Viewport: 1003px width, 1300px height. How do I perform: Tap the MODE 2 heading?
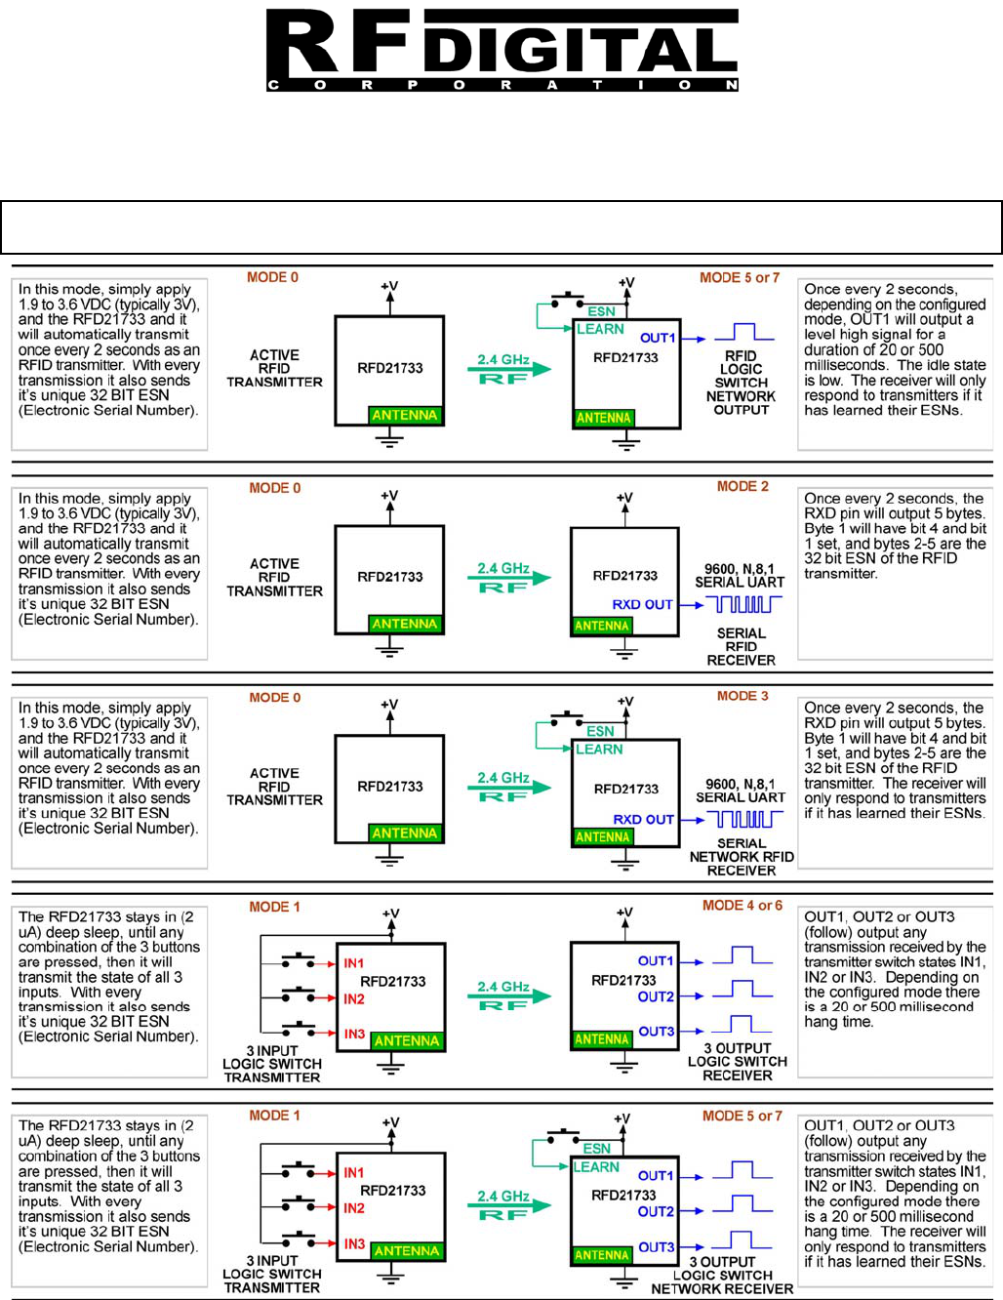[742, 486]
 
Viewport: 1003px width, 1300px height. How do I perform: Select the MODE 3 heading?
[742, 696]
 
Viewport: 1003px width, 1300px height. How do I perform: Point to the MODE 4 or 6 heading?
[742, 906]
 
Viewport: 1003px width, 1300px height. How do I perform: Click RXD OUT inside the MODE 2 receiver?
[642, 604]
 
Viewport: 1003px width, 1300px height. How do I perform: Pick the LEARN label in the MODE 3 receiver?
[599, 750]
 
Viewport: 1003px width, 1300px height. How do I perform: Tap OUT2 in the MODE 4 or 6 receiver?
[656, 996]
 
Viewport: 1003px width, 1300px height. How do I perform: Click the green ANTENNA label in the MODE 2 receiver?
[601, 626]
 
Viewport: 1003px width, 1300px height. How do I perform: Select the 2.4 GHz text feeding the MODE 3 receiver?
[503, 778]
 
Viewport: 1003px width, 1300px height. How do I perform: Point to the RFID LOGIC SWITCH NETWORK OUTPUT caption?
[741, 384]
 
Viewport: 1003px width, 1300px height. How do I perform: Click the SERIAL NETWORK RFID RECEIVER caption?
[742, 857]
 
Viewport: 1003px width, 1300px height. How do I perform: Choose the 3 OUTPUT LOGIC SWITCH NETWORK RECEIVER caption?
[722, 1275]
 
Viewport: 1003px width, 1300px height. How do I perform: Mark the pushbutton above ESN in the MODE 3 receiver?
[567, 717]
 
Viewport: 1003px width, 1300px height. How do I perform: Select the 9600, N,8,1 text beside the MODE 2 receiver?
[740, 569]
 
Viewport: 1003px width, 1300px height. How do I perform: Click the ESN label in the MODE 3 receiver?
[600, 731]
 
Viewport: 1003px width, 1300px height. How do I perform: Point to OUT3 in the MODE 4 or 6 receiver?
[657, 1032]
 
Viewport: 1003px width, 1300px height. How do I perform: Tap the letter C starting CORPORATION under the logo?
[273, 85]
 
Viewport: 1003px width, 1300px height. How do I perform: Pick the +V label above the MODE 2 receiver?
[624, 498]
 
